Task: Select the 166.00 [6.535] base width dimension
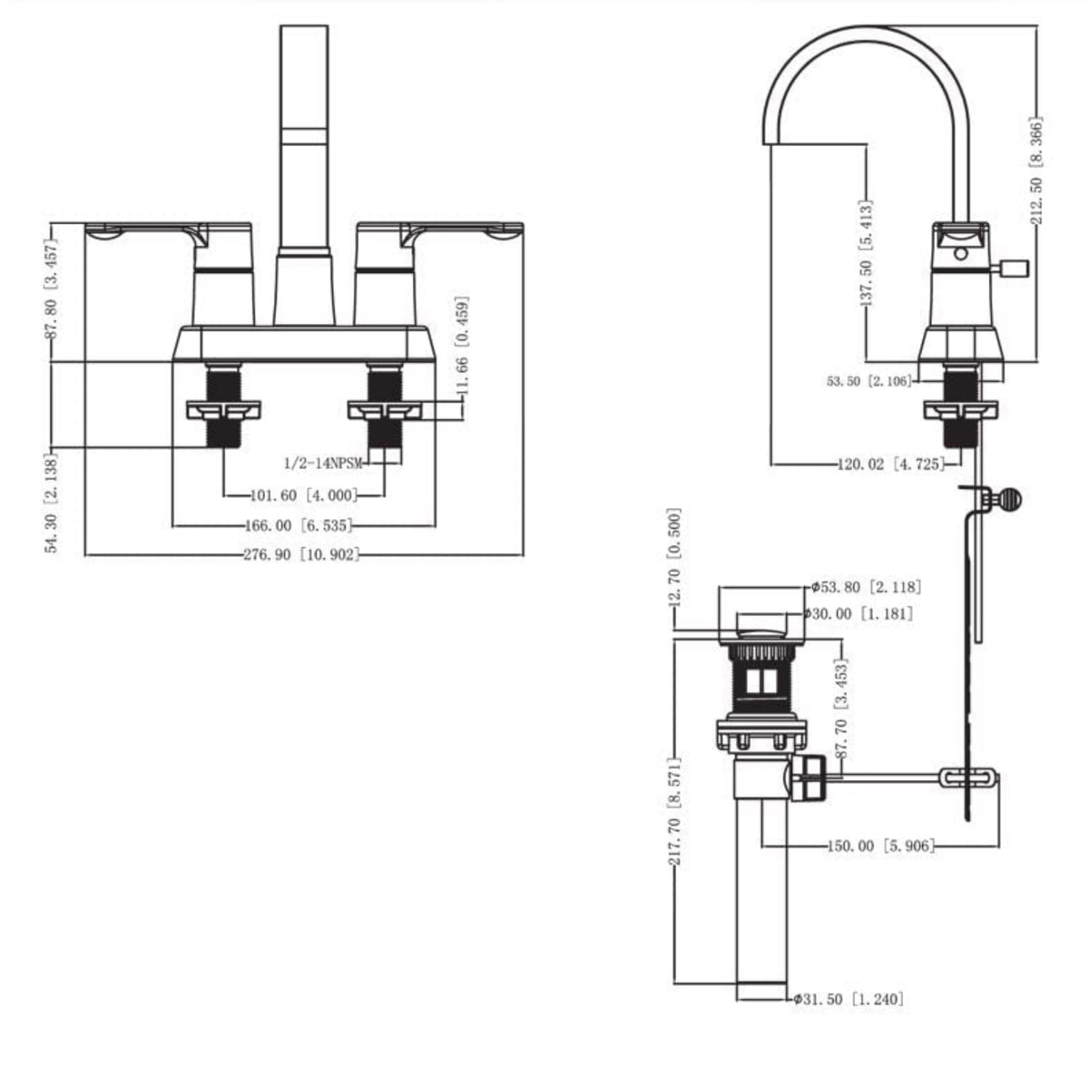298,525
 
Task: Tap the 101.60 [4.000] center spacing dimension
303,495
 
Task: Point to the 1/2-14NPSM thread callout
323,463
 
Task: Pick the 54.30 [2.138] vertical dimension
52,504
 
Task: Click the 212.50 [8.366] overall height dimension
1036,170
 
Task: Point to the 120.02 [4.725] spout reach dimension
890,465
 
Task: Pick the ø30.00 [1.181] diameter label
858,614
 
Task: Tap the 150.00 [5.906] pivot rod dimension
878,846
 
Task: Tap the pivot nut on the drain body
810,778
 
